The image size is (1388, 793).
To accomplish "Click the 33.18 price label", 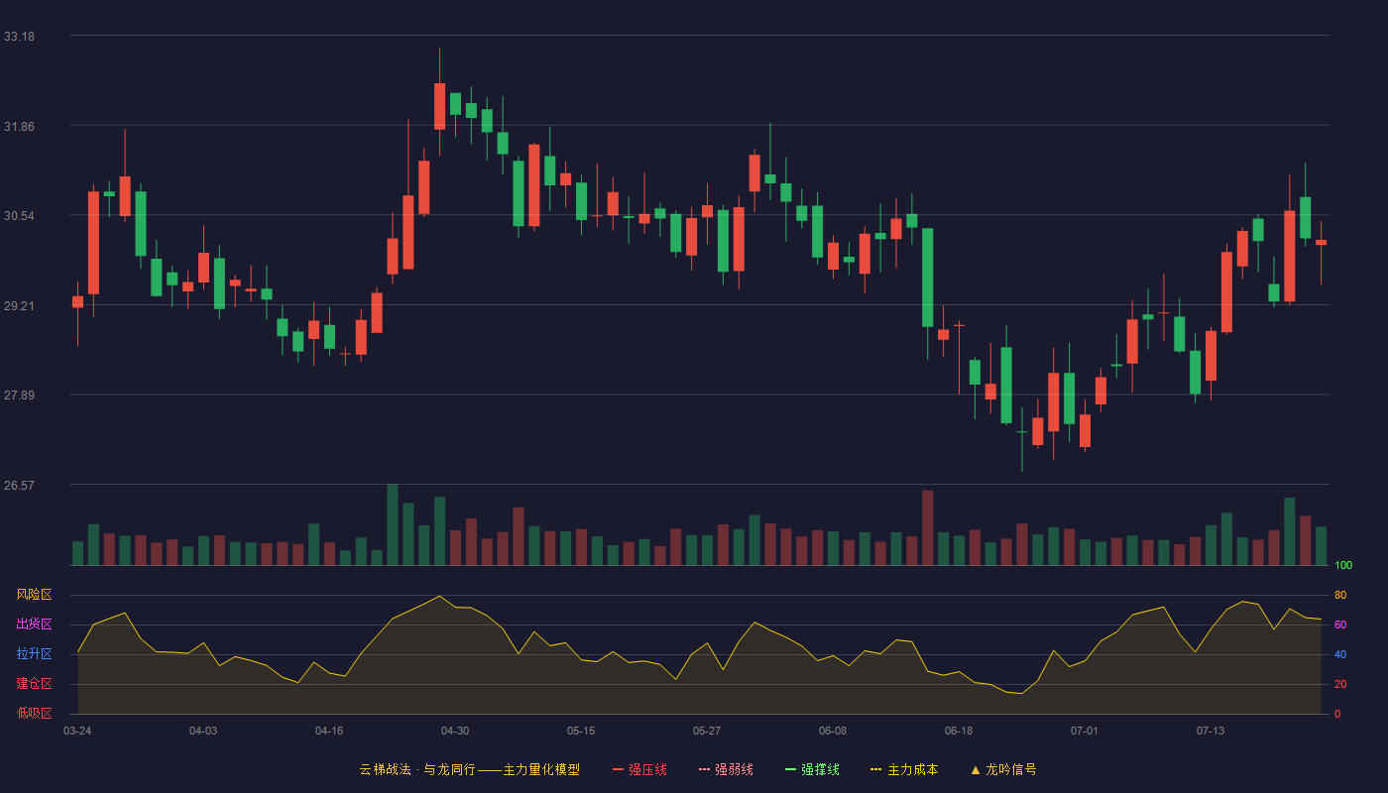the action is click(x=19, y=37).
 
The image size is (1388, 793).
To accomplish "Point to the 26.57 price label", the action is click(x=19, y=485).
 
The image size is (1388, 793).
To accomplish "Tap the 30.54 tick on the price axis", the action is click(x=19, y=216).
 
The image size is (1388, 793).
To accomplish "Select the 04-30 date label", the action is click(x=455, y=732).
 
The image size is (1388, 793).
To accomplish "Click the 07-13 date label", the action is click(x=1211, y=732).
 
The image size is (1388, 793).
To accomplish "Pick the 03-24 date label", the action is click(x=77, y=732).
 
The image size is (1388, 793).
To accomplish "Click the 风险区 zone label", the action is click(x=34, y=595).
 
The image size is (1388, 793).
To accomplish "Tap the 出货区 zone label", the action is click(x=34, y=623).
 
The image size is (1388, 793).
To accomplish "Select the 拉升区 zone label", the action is click(x=34, y=653).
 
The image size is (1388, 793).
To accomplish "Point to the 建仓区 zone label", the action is click(x=34, y=683).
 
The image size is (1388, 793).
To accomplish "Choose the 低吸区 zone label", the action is click(x=34, y=713).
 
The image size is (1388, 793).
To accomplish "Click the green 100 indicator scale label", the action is click(x=1343, y=565).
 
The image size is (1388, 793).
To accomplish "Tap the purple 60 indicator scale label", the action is click(x=1340, y=624).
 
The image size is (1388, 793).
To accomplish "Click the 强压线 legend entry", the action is click(x=639, y=769).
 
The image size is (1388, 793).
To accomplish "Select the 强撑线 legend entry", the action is click(x=812, y=769).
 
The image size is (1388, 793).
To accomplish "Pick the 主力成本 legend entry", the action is click(x=904, y=769).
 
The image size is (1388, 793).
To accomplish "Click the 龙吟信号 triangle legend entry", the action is click(x=1003, y=769).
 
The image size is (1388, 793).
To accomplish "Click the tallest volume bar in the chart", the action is click(x=393, y=524).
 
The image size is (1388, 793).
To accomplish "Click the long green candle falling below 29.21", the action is click(x=928, y=278).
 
